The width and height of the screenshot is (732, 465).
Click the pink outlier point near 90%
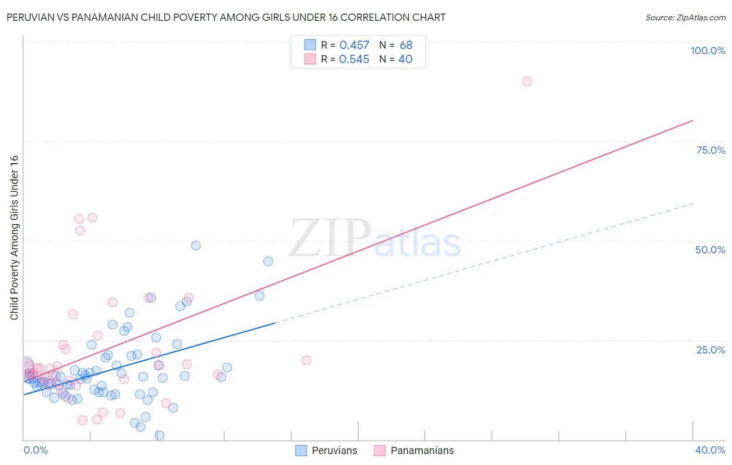527,81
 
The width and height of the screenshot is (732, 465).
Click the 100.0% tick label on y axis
708,51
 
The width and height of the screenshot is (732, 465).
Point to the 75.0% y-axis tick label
711,150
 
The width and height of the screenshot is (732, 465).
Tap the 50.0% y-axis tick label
710,250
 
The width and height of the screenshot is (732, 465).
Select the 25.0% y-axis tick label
711,349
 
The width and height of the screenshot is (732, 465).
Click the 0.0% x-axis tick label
35,450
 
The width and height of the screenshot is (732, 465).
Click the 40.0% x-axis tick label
710,450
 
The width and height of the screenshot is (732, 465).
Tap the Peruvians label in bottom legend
334,450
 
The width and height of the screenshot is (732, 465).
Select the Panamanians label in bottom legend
422,450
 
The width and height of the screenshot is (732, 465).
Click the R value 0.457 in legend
354,45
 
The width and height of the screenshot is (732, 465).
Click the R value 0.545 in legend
354,59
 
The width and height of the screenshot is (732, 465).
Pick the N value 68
406,45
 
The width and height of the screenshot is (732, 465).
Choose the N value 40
405,59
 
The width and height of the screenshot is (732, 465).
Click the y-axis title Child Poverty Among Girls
14,238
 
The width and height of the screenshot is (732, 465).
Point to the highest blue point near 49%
196,246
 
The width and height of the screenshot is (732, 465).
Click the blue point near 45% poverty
268,261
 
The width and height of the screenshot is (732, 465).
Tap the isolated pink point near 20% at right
306,360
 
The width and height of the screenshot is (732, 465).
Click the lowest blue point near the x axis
159,435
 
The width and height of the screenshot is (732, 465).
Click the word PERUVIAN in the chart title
29,18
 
